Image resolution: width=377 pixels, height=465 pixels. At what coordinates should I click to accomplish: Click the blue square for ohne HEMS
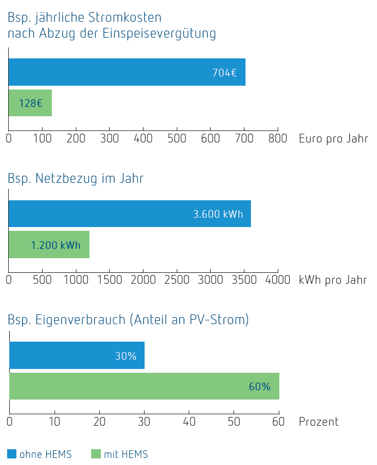12,454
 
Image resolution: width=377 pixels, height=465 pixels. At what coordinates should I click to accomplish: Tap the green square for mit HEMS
96,454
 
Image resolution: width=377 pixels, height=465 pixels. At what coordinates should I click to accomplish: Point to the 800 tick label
278,139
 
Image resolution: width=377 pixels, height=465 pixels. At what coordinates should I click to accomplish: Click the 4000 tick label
278,280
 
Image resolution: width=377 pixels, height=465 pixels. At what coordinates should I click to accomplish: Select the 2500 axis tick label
176,280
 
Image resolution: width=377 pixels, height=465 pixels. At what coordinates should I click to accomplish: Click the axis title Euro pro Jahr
333,139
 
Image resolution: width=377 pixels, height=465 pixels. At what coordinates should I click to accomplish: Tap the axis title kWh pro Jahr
333,280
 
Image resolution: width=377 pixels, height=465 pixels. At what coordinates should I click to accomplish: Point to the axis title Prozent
319,421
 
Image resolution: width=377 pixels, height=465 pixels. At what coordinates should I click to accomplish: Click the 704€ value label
224,73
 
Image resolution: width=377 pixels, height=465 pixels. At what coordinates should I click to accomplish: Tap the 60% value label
259,386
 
